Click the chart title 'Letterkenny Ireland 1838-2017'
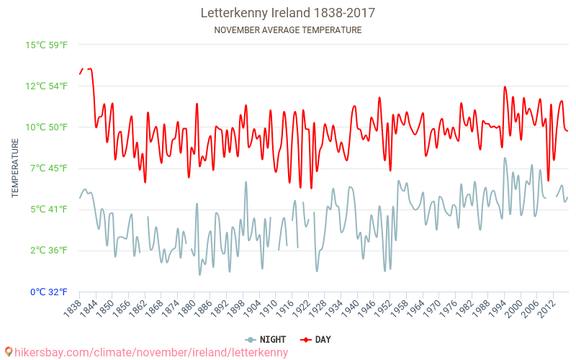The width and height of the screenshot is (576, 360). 288,13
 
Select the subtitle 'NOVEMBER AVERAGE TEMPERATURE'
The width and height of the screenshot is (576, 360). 288,30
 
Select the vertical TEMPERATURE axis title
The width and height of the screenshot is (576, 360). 15,168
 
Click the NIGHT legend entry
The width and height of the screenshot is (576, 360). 266,339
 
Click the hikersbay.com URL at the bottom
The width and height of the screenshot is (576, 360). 151,352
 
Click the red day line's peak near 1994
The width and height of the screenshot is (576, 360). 505,87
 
